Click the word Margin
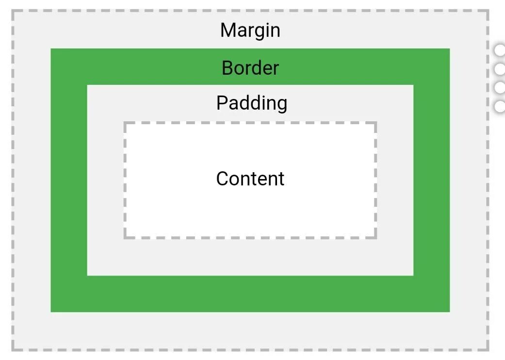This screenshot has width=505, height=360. tap(250, 31)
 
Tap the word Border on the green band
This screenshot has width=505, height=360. tap(250, 68)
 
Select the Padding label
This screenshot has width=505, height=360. tap(251, 103)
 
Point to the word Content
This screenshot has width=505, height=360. tap(250, 179)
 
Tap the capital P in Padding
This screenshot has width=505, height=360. tap(221, 103)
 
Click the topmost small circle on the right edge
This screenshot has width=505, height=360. tap(500, 50)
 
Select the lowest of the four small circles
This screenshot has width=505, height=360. tap(500, 106)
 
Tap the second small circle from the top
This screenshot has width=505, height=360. tap(500, 69)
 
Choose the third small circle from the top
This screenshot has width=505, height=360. tap(500, 88)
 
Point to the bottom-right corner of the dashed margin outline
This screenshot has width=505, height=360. tap(488, 349)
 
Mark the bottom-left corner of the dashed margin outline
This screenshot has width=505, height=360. tap(13, 349)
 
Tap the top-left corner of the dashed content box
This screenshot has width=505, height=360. tap(125, 123)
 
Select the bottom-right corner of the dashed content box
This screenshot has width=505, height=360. tap(375, 237)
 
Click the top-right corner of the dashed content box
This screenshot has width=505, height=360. tap(375, 123)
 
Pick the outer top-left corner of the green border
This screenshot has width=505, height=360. tap(51, 49)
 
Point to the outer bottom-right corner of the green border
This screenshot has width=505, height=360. tap(449, 311)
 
